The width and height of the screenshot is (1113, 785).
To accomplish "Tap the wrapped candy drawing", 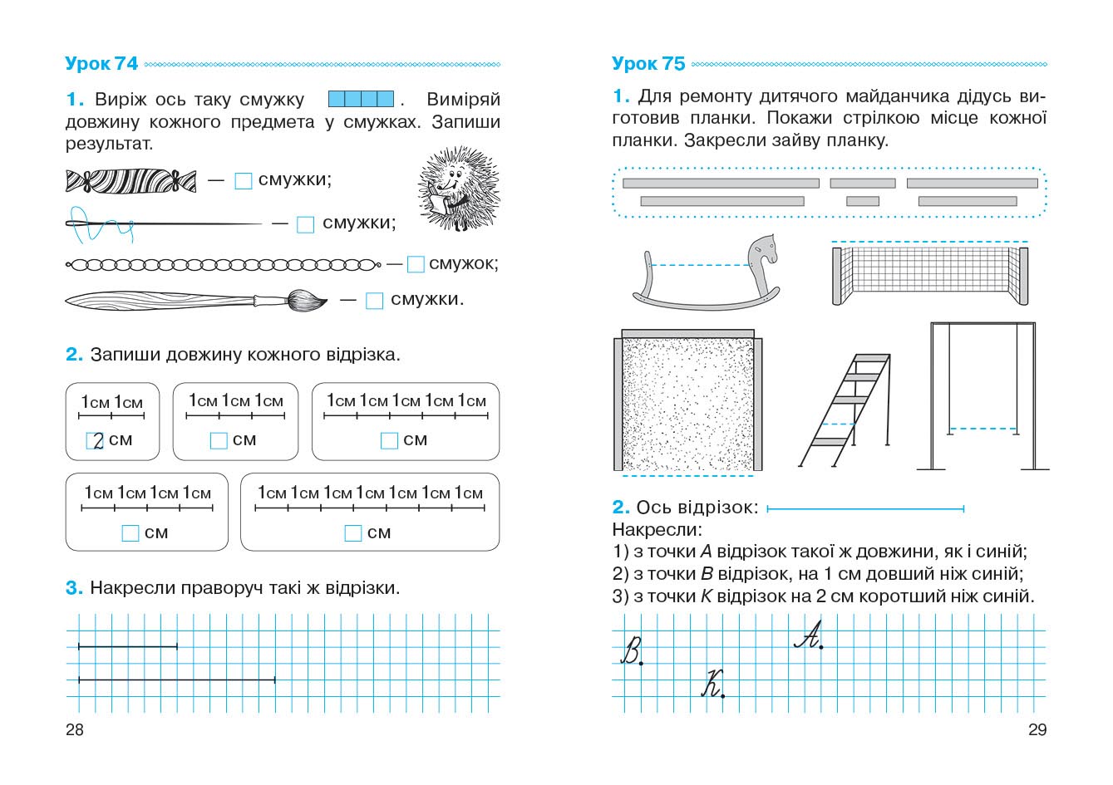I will tap(131, 180).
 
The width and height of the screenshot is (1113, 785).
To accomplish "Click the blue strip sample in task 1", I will tap(361, 100).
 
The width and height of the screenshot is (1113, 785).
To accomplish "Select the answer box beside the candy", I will tap(243, 181).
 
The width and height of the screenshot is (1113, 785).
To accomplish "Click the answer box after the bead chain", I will tap(416, 264).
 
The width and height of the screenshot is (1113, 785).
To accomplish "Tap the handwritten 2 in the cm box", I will tap(96, 441).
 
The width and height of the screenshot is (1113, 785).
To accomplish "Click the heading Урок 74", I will tap(101, 64).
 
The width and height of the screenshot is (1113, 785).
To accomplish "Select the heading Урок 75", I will tap(648, 64).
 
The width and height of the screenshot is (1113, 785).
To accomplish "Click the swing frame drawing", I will tap(983, 395).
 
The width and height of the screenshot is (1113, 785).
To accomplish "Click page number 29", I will tap(1037, 730).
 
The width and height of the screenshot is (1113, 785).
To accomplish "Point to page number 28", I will tap(74, 730).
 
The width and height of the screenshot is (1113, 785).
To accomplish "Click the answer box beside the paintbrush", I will tap(375, 301).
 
